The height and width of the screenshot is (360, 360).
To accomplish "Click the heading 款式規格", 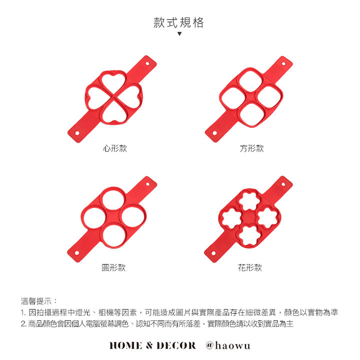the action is pos(178,22).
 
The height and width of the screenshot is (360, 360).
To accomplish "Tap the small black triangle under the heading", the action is pos(179,34).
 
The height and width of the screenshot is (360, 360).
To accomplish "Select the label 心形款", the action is pos(115,148).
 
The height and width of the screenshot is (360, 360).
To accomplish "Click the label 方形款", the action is pos(251,148).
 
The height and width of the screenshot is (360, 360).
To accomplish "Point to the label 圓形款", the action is pos(113,267).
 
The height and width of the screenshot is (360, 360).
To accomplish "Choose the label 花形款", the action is pos(250,267).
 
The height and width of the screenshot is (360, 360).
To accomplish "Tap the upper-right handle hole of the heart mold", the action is pos(147,63).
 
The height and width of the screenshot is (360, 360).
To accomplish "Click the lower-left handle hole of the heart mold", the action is pos(77,133).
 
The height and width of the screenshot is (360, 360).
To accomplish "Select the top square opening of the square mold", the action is pos(250,81).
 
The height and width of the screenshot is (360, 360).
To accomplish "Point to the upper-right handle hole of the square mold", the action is pos(283,64).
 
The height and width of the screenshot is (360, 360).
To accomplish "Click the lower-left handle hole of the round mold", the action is pos(77,253).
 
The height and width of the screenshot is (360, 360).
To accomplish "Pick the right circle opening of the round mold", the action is pos(133,216).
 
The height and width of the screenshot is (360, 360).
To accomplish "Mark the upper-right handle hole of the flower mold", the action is pos(283,184).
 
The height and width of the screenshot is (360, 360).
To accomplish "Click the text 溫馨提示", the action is pos(36,301).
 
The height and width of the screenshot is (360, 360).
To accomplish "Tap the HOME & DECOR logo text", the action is pos(152,345).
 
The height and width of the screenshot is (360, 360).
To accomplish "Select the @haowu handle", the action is pos(228,345).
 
